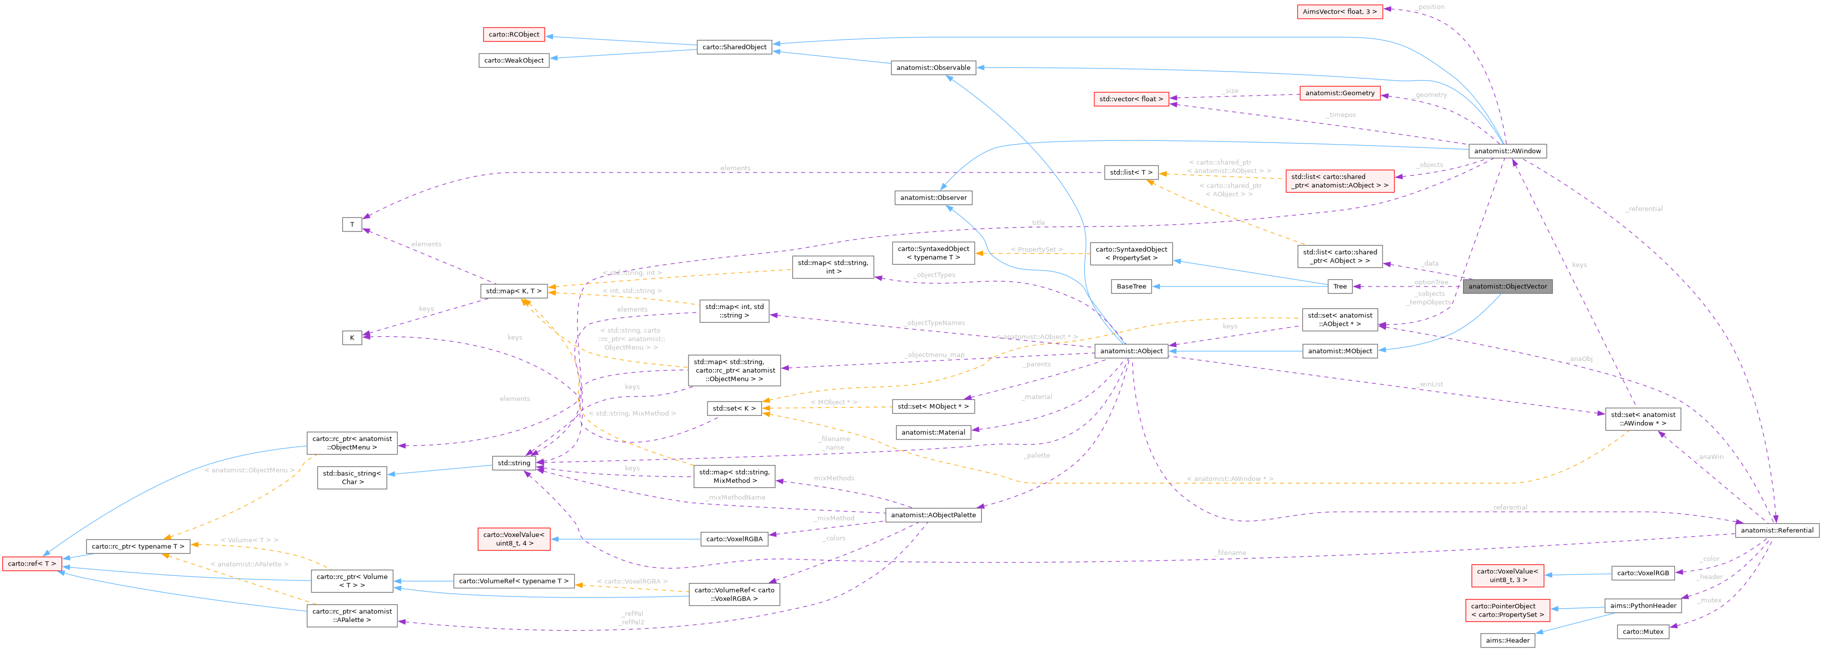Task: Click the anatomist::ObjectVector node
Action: pos(1507,286)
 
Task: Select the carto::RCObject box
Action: pos(513,34)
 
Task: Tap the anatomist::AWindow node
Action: pos(1507,150)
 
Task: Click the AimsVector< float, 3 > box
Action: pos(1339,11)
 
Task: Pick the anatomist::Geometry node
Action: pos(1339,92)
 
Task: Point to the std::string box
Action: pos(513,462)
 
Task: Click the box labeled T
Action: pos(352,224)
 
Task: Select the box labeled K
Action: pos(352,337)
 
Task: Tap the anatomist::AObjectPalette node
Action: pos(933,515)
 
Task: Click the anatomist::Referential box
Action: pos(1776,530)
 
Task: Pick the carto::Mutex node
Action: pos(1643,631)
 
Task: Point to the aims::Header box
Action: pos(1507,640)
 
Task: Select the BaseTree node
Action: pos(1131,286)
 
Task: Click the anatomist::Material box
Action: pos(933,432)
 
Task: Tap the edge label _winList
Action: pos(1430,384)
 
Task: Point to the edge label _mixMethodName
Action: pos(735,497)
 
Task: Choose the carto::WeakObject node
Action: pos(513,60)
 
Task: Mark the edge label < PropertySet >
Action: pos(1036,249)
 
